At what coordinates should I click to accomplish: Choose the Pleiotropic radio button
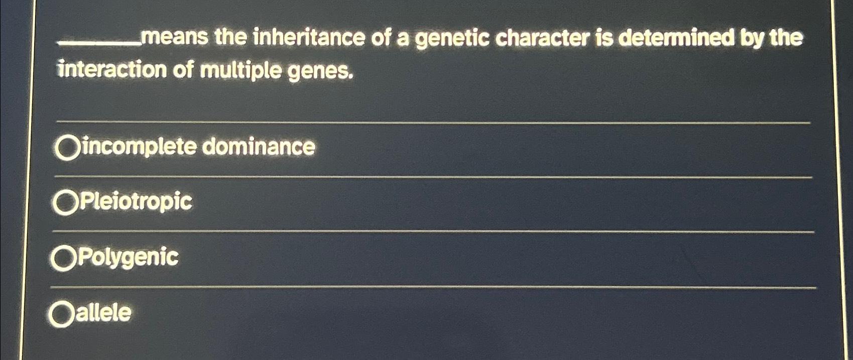point(65,203)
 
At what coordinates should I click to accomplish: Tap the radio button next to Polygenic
point(63,259)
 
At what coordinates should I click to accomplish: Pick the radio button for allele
point(61,315)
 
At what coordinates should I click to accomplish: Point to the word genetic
point(452,39)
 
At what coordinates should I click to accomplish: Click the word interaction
point(111,70)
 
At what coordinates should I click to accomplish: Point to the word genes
point(319,72)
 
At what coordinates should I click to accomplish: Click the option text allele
point(103,313)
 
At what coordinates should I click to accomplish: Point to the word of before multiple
point(183,70)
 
